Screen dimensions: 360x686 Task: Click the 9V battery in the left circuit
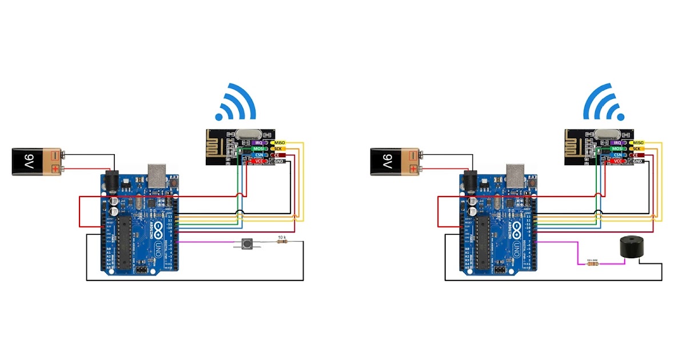(38, 161)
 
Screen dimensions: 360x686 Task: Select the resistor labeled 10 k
(281, 242)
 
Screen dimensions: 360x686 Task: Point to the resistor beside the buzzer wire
(592, 263)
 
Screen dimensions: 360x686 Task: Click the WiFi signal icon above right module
(602, 103)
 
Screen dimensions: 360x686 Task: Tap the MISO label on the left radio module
(280, 142)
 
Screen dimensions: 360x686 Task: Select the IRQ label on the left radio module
(257, 142)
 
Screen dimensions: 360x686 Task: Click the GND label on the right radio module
(637, 162)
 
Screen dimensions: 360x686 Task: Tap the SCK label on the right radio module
(637, 149)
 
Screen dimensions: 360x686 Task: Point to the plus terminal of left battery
(55, 168)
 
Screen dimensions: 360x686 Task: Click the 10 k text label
(281, 237)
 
